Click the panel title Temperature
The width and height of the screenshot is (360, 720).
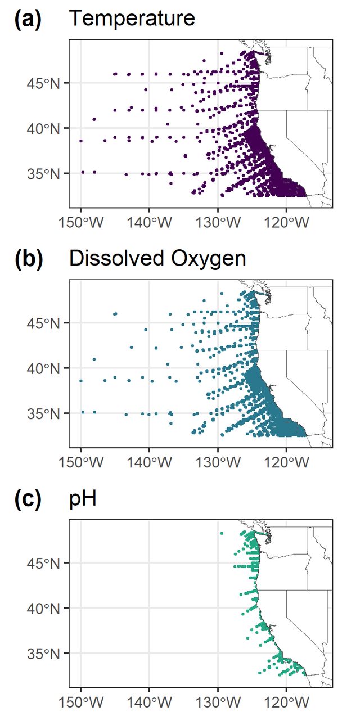coord(132,19)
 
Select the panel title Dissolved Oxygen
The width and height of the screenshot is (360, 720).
coord(157,259)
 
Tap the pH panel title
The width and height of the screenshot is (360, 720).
coord(82,498)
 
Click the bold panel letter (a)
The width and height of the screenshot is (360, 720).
coord(28,19)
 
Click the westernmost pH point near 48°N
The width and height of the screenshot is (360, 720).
coord(222,533)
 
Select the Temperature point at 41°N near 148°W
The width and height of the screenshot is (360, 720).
coord(94,119)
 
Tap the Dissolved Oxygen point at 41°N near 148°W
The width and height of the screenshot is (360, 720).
coord(94,359)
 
